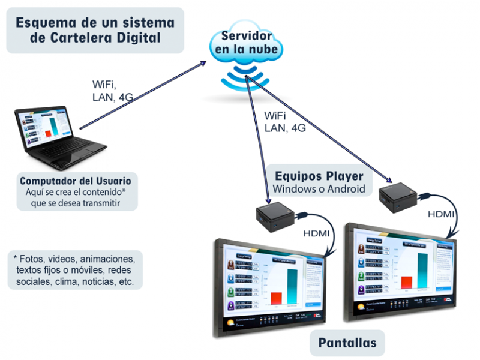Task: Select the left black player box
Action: point(274,217)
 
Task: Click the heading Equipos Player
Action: point(319,176)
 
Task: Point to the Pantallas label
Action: point(347,343)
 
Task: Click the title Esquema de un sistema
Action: point(95,23)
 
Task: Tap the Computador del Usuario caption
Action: point(76,181)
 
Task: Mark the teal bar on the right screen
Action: point(423,271)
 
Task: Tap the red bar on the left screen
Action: point(276,298)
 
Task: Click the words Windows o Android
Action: point(319,189)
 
